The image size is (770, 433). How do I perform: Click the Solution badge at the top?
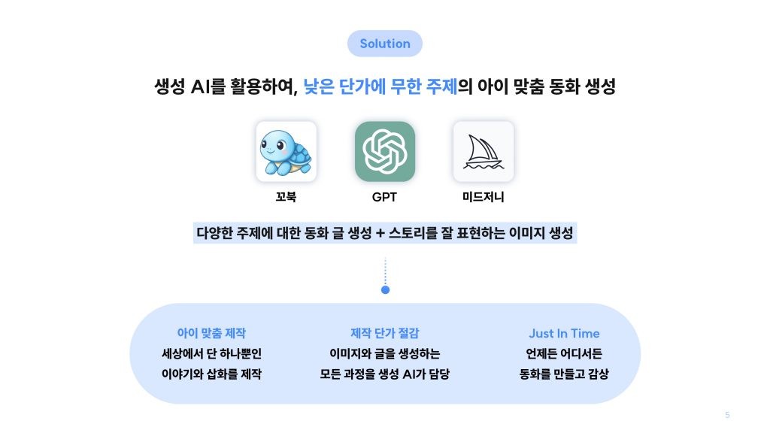[384, 44]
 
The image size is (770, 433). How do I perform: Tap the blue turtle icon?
[286, 151]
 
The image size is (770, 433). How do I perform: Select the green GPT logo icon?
[384, 151]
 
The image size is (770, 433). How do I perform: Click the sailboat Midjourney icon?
[484, 151]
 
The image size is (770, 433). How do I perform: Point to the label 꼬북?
[286, 198]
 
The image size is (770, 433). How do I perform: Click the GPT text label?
[384, 198]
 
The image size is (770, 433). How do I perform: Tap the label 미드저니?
[484, 198]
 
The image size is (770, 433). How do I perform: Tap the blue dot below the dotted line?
[385, 289]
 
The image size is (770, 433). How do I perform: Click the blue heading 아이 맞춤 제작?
[211, 333]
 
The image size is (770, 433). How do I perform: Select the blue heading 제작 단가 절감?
[384, 333]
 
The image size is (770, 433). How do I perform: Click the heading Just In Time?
[564, 333]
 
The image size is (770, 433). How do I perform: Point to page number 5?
[727, 415]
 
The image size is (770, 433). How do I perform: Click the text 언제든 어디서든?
[564, 353]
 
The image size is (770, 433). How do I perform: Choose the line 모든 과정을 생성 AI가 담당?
[384, 374]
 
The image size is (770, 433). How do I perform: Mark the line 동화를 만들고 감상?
[564, 374]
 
